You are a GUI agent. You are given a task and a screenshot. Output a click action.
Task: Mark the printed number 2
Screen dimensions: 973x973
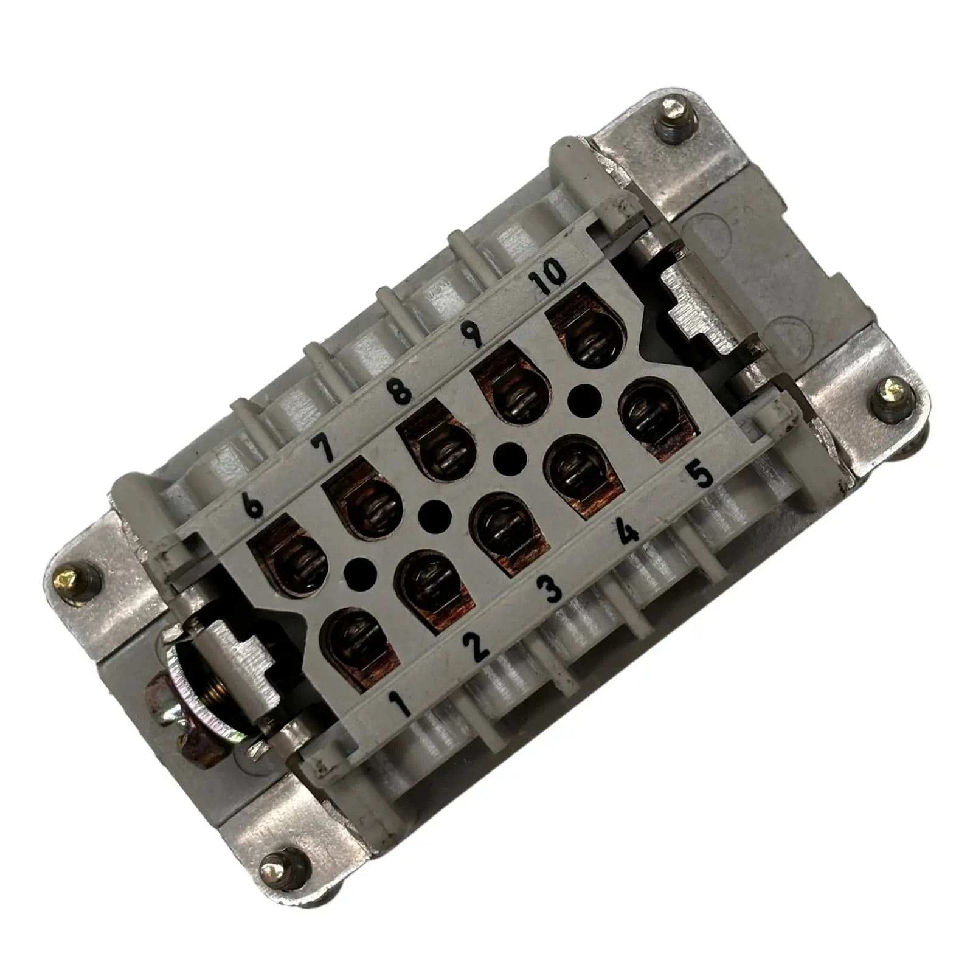476,646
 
